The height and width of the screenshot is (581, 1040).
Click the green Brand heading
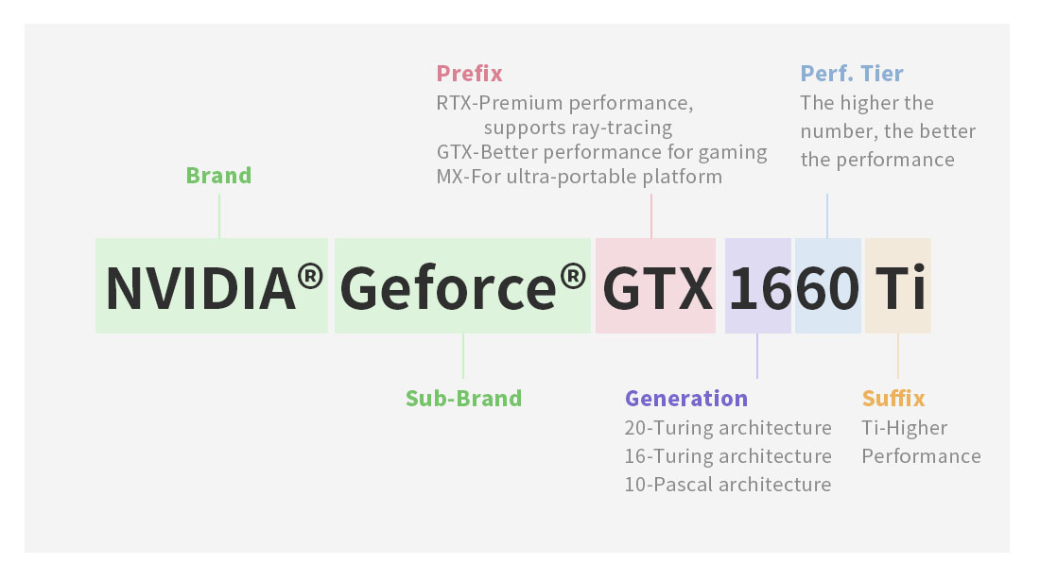pyautogui.click(x=219, y=176)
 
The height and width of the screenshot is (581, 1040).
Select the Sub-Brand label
pyautogui.click(x=463, y=398)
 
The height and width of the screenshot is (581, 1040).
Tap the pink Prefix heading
pyautogui.click(x=470, y=73)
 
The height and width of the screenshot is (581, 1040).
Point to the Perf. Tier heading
pyautogui.click(x=852, y=73)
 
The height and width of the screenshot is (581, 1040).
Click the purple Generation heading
pyautogui.click(x=686, y=398)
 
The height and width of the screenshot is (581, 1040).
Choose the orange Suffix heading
pyautogui.click(x=893, y=398)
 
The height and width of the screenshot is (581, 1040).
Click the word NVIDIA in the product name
pyautogui.click(x=200, y=288)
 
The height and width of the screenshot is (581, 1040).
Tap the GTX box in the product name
pyautogui.click(x=656, y=285)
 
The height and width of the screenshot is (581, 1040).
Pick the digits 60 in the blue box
pyautogui.click(x=828, y=288)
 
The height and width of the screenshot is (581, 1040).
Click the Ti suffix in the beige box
pyautogui.click(x=900, y=288)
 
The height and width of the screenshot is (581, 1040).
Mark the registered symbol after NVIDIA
pyautogui.click(x=310, y=276)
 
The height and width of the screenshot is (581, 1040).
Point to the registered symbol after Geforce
pyautogui.click(x=573, y=276)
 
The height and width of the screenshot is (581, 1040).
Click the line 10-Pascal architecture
pyautogui.click(x=728, y=485)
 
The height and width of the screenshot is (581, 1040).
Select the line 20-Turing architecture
pyautogui.click(x=728, y=428)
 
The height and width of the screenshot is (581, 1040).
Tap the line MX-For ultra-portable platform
pyautogui.click(x=579, y=177)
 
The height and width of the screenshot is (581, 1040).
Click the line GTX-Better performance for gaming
pyautogui.click(x=601, y=152)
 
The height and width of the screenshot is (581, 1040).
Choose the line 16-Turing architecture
pyautogui.click(x=728, y=455)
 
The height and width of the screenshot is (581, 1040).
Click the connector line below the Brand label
pyautogui.click(x=219, y=216)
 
